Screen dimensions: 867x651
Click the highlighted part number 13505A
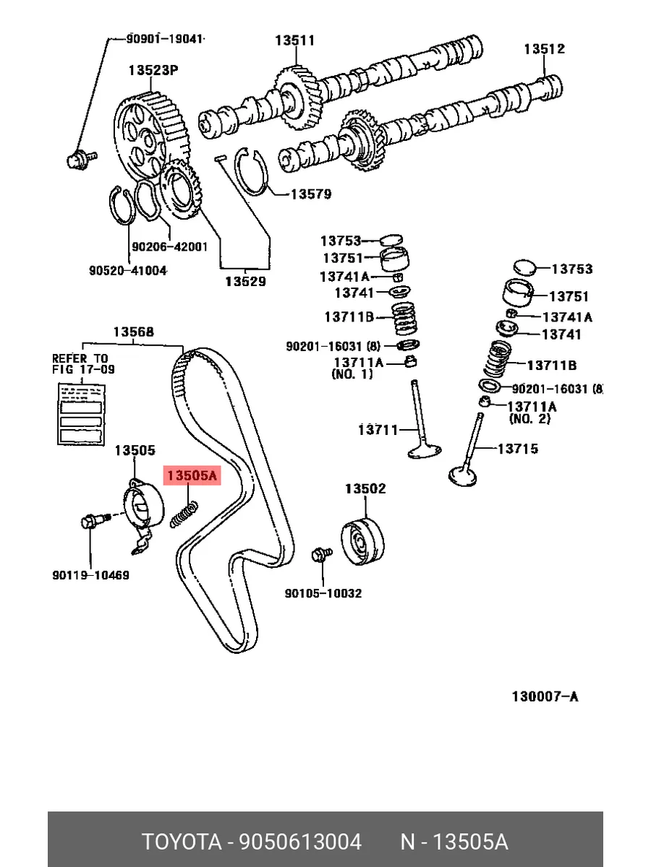click(x=192, y=476)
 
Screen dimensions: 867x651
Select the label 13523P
click(x=153, y=71)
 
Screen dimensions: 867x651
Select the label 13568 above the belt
click(x=133, y=332)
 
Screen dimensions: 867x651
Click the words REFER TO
click(x=80, y=358)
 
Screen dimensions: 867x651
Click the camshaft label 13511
click(x=294, y=40)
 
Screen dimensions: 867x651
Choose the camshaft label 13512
click(x=545, y=49)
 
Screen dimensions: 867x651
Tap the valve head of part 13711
click(x=425, y=452)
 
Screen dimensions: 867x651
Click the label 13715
click(x=517, y=449)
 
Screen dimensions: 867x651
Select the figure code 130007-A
click(x=545, y=696)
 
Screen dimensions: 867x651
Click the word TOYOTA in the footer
click(x=181, y=842)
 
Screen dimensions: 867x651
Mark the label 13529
click(x=244, y=282)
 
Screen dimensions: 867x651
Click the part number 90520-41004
click(x=128, y=270)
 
